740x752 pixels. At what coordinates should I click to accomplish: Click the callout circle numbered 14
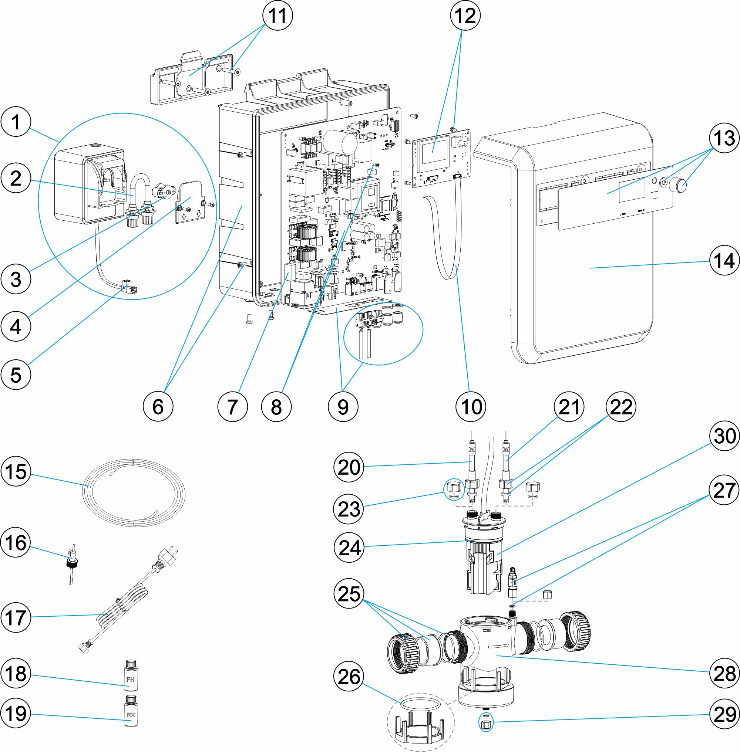(724, 260)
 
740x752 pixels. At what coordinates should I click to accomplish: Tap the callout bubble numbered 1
(16, 122)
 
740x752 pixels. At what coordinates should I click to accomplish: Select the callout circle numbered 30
(724, 436)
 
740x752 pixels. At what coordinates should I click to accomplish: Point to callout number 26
(349, 677)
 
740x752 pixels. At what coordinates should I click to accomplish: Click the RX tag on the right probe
(506, 450)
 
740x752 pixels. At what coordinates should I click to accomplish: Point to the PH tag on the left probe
(472, 450)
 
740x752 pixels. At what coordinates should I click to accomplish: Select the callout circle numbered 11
(277, 16)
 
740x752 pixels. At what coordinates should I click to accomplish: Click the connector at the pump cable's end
(130, 288)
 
